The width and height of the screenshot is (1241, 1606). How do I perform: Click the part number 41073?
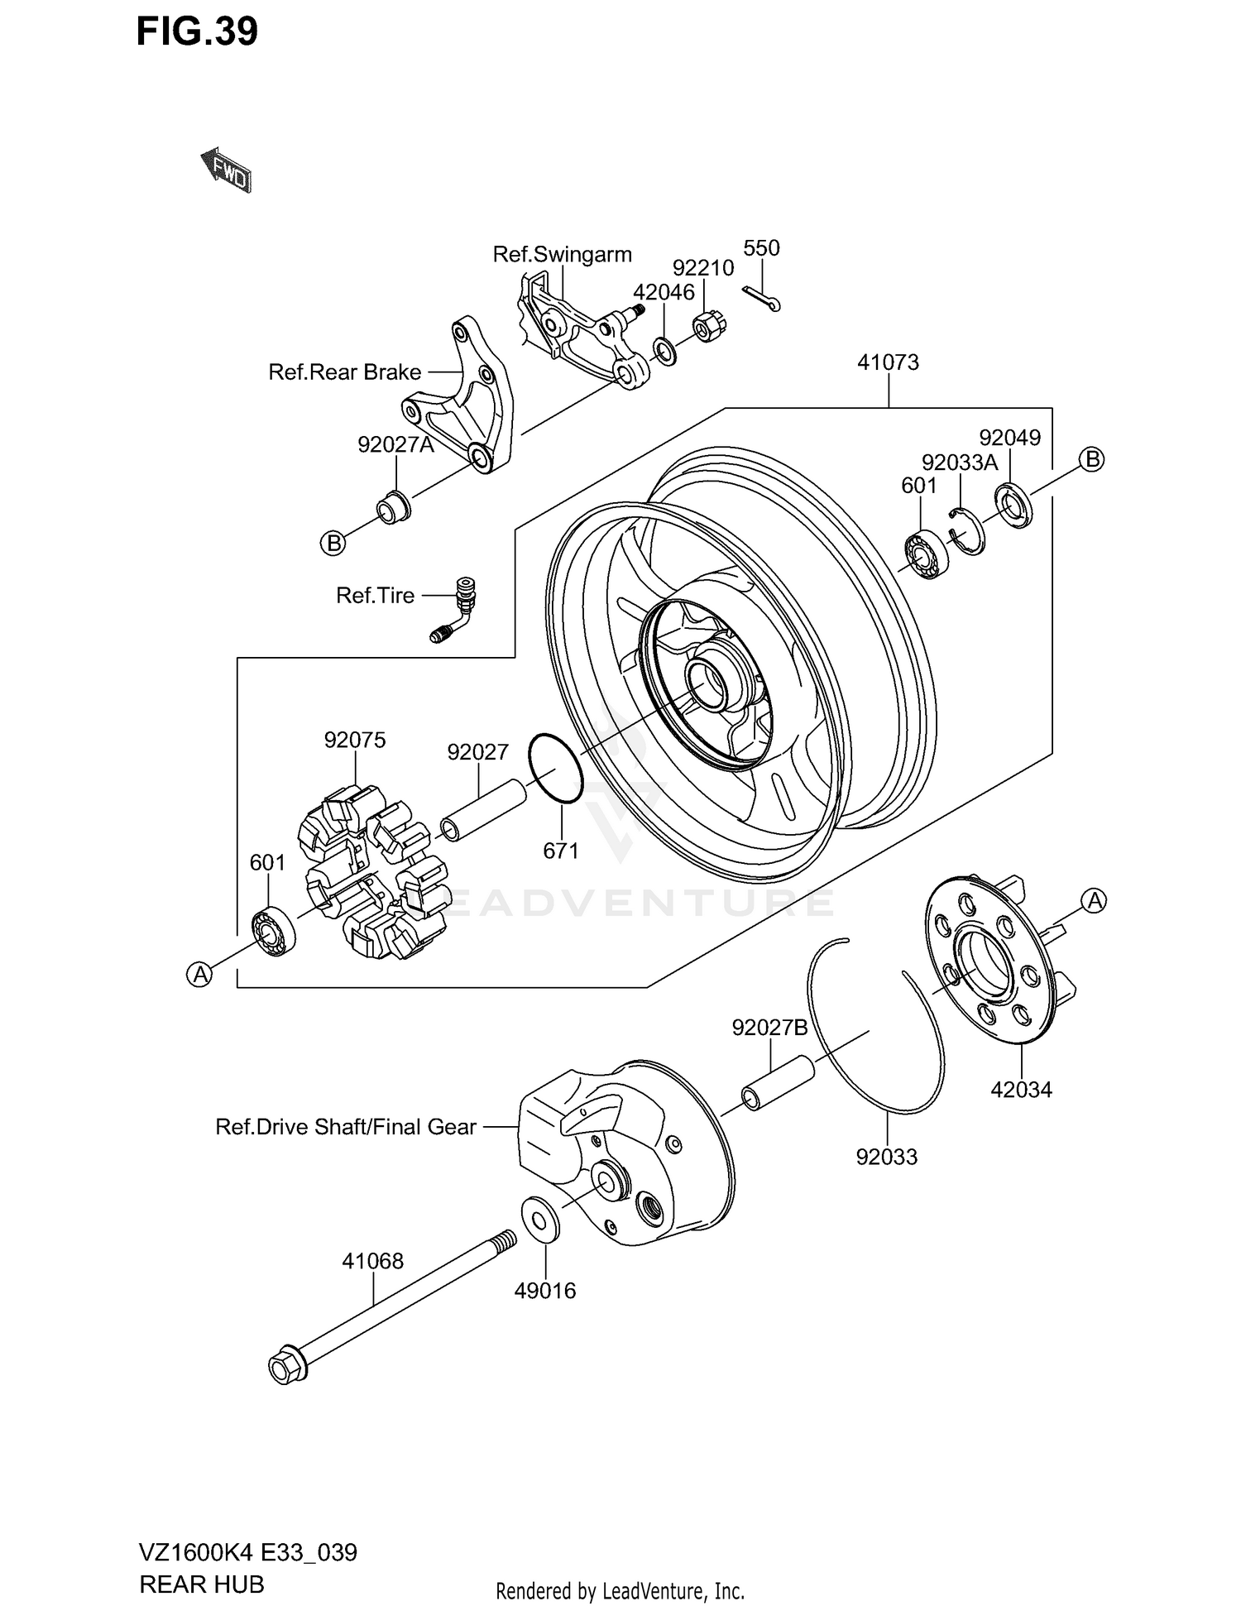(x=888, y=362)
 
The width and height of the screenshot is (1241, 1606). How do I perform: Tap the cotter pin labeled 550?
(x=762, y=300)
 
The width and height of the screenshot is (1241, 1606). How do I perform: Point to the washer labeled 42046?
(x=665, y=351)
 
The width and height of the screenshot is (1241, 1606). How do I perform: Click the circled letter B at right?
(x=1092, y=459)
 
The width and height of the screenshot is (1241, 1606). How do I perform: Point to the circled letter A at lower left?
(x=199, y=975)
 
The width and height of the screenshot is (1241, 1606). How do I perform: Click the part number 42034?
(x=1021, y=1090)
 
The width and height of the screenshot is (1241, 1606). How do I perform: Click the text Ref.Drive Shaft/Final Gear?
(x=345, y=1127)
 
